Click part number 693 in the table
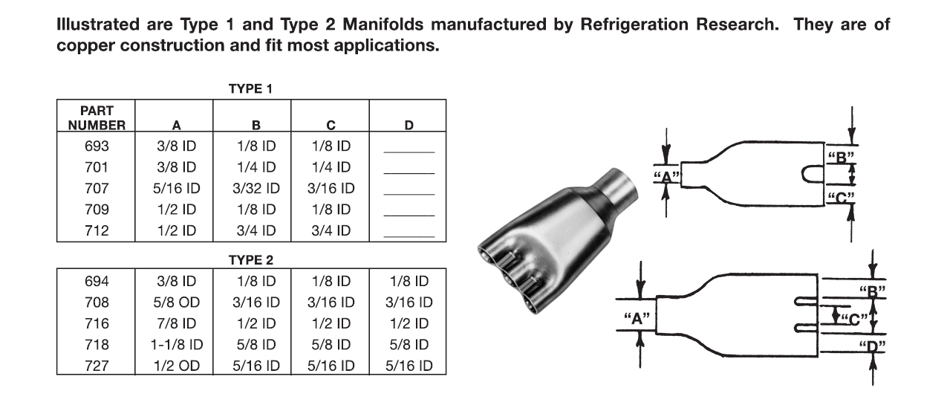pyautogui.click(x=97, y=147)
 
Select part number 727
pyautogui.click(x=97, y=366)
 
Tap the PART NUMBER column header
pyautogui.click(x=97, y=117)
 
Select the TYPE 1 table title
pyautogui.click(x=251, y=89)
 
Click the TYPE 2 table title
pyautogui.click(x=251, y=259)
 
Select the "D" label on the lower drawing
pyautogui.click(x=871, y=347)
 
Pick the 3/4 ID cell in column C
pyautogui.click(x=331, y=231)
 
